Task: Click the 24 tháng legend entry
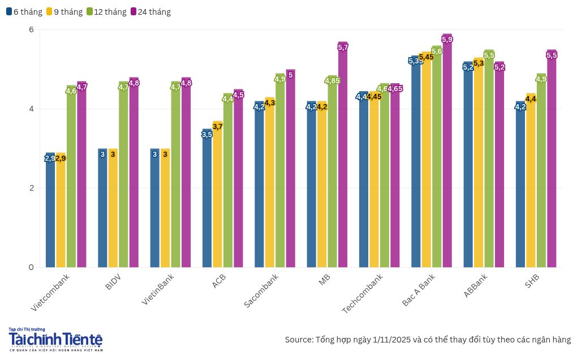tap(150, 11)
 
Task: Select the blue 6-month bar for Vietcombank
tap(50, 215)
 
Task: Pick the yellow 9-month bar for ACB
tap(218, 198)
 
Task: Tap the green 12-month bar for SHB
tap(541, 181)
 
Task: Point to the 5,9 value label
tap(447, 39)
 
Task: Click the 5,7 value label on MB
tap(343, 47)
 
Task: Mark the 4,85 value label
tap(333, 81)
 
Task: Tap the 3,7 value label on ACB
tap(218, 126)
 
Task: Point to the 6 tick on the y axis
tap(31, 29)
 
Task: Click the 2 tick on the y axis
tap(31, 188)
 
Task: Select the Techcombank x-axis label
tap(363, 293)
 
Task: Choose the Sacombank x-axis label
tap(262, 291)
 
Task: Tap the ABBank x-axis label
tap(476, 285)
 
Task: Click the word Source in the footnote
tap(298, 340)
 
